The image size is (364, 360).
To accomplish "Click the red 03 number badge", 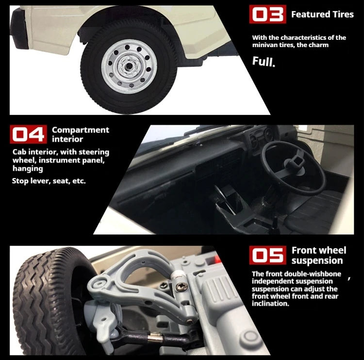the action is (x=267, y=14).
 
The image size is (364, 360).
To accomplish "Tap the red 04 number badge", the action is (x=28, y=134).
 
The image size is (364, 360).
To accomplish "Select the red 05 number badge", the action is (x=267, y=255).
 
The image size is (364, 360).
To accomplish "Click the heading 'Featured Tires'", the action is (x=322, y=15).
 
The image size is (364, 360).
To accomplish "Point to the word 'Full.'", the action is (x=264, y=62).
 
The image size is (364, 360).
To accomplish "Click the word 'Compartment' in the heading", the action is (x=80, y=130).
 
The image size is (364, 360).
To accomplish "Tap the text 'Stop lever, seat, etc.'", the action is (x=49, y=181).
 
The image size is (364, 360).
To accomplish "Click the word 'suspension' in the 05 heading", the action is (x=317, y=261).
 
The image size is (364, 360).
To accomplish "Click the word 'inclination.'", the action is (x=270, y=304).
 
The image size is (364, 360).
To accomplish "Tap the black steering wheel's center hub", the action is (x=295, y=162).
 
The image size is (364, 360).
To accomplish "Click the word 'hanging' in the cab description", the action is (x=28, y=169).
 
